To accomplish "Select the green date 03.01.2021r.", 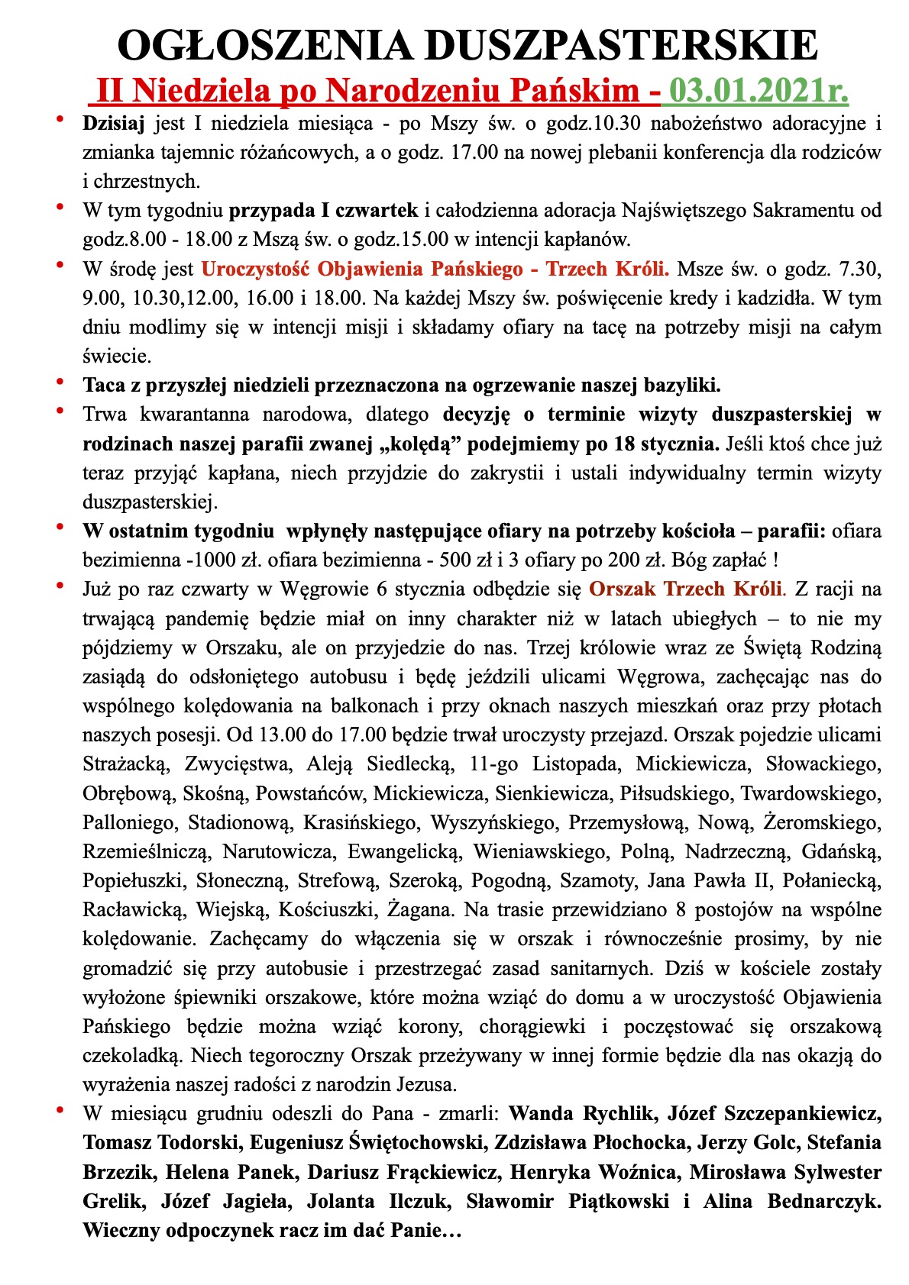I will pos(759,91).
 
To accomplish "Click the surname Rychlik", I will pos(617,1113).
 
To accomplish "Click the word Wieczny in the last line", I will pos(117,1230).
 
